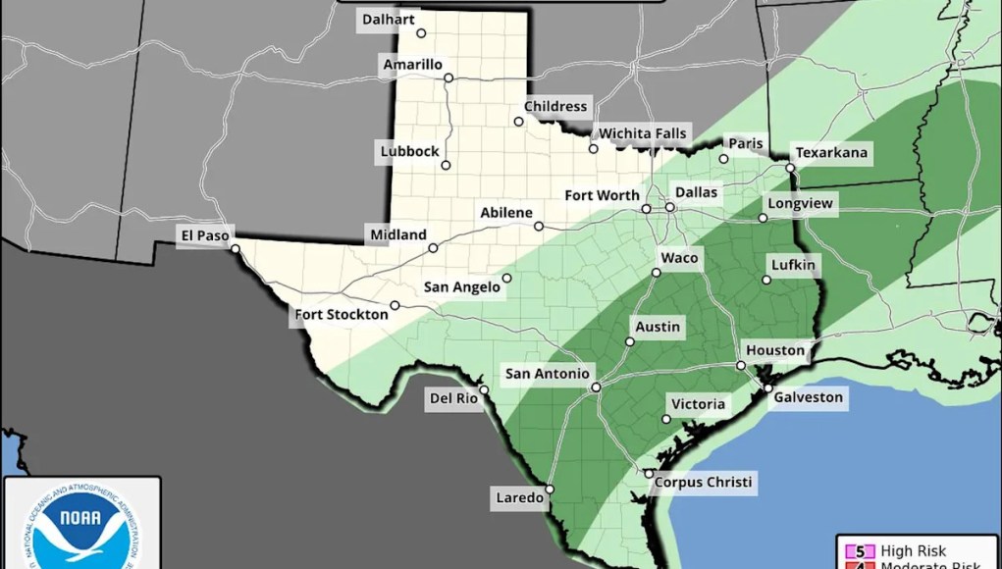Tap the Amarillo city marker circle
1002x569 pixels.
click(x=448, y=78)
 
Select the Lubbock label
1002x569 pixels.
click(x=410, y=151)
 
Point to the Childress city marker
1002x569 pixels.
click(x=518, y=122)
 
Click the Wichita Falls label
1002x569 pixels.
click(x=644, y=133)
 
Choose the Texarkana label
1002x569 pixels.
click(x=831, y=153)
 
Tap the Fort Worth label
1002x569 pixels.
click(x=602, y=195)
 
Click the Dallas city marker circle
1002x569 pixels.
click(x=669, y=208)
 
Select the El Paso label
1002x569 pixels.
click(x=203, y=234)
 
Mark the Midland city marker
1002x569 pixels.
click(x=433, y=248)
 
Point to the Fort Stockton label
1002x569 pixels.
click(x=340, y=316)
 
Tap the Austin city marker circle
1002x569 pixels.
click(x=629, y=342)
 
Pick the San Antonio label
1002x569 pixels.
click(x=547, y=374)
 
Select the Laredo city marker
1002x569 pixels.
click(x=550, y=489)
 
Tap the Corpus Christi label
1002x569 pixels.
click(x=703, y=482)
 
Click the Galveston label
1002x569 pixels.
click(x=808, y=397)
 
